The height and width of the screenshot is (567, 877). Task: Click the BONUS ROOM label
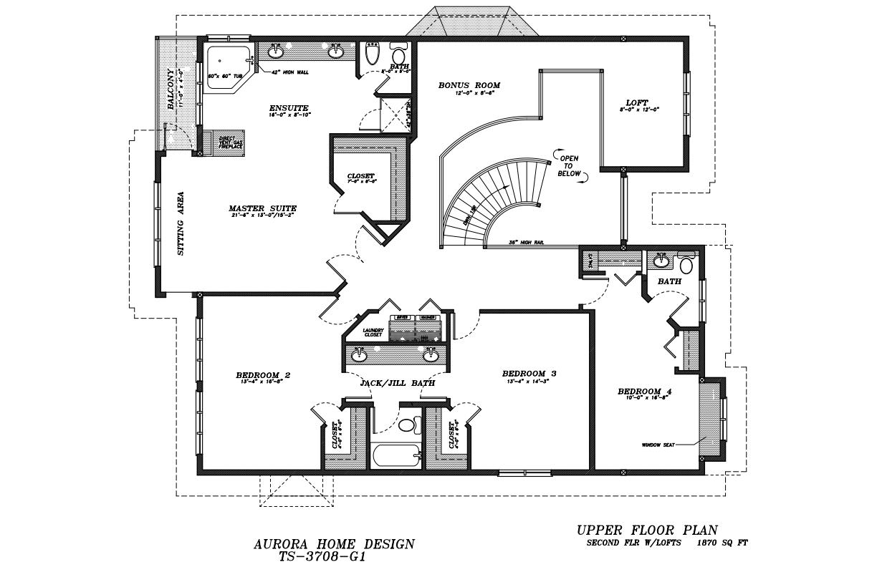pyautogui.click(x=469, y=85)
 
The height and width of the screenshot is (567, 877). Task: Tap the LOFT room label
pyautogui.click(x=636, y=102)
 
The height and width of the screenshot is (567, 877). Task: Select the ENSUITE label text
pyautogui.click(x=289, y=108)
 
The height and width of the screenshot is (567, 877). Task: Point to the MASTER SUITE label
pyautogui.click(x=262, y=208)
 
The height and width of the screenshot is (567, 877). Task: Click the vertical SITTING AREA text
pyautogui.click(x=181, y=223)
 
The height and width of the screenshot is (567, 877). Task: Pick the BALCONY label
pyautogui.click(x=171, y=88)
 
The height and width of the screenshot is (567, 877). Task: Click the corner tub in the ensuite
pyautogui.click(x=227, y=67)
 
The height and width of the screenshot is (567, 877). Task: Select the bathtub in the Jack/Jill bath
pyautogui.click(x=396, y=457)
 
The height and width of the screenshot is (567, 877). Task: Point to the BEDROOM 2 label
pyautogui.click(x=263, y=374)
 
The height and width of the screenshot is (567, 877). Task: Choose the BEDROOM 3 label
pyautogui.click(x=529, y=373)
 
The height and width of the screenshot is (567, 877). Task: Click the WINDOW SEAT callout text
pyautogui.click(x=658, y=445)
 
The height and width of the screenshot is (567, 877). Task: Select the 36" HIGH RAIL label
pyautogui.click(x=527, y=243)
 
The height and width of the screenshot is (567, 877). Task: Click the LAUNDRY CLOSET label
pyautogui.click(x=373, y=332)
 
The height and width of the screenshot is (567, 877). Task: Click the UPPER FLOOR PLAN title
pyautogui.click(x=646, y=530)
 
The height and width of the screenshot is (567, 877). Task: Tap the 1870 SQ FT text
pyautogui.click(x=722, y=543)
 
